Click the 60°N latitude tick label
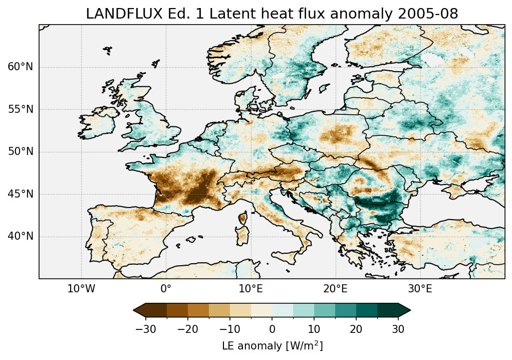(x=21, y=67)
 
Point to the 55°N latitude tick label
(x=21, y=109)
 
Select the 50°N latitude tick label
(x=21, y=151)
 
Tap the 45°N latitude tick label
(x=21, y=194)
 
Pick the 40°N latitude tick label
(x=21, y=236)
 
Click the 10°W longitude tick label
(x=81, y=289)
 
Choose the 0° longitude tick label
(x=166, y=289)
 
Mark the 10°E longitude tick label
(x=250, y=289)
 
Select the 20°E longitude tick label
(x=335, y=289)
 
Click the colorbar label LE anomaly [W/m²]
(x=272, y=346)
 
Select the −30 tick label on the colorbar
(x=146, y=329)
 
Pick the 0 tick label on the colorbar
(x=272, y=329)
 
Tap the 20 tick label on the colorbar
(x=356, y=329)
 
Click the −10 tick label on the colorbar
(x=230, y=329)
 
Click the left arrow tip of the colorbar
(x=134, y=310)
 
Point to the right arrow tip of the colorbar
(x=410, y=310)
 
